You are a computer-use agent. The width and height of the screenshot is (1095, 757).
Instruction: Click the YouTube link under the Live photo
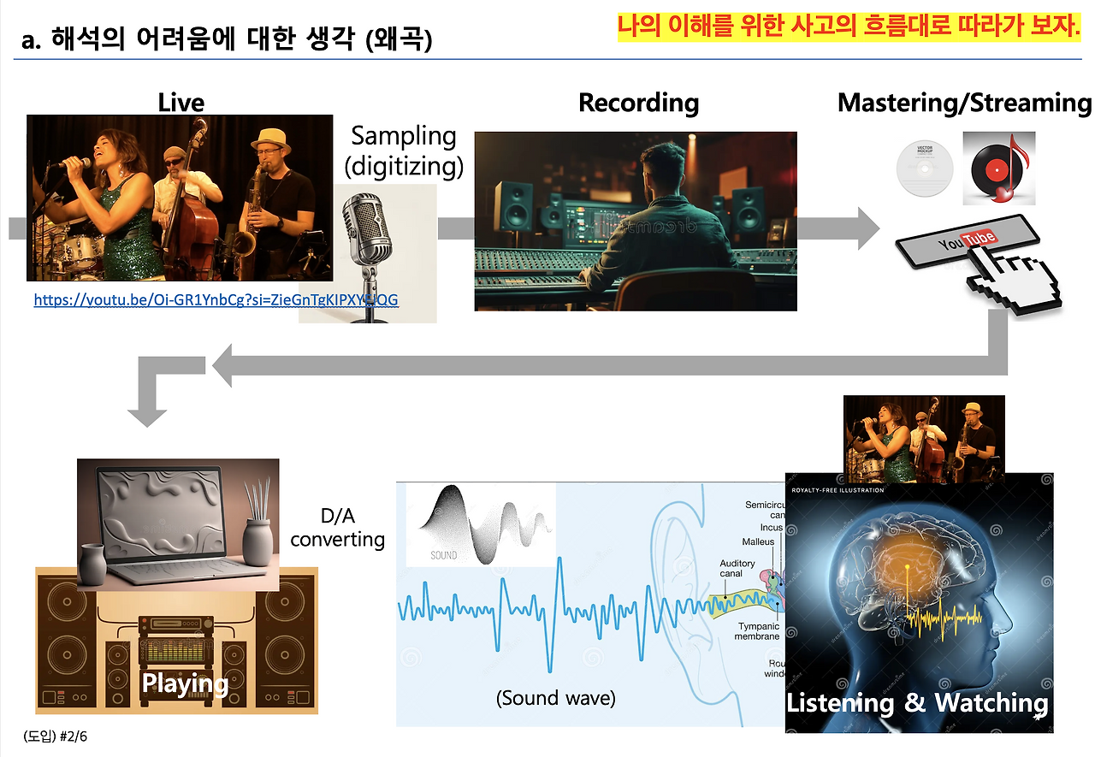pyautogui.click(x=216, y=300)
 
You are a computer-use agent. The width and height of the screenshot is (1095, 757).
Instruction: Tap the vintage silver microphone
pyautogui.click(x=368, y=248)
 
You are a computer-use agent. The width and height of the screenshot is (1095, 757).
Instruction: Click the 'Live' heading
pyautogui.click(x=181, y=103)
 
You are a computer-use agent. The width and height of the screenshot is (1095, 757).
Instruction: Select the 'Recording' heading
pyautogui.click(x=638, y=103)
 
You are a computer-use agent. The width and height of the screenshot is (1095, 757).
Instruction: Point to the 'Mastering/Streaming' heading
pyautogui.click(x=964, y=103)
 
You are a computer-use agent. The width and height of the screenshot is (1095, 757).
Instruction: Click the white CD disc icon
pyautogui.click(x=923, y=169)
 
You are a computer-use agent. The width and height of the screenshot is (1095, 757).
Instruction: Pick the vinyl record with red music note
pyautogui.click(x=998, y=169)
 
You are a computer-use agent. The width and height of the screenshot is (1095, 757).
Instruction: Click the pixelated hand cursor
pyautogui.click(x=1009, y=282)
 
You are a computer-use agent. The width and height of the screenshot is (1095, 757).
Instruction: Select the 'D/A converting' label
pyautogui.click(x=337, y=529)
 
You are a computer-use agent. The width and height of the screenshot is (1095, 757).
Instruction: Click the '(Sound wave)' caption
pyautogui.click(x=555, y=697)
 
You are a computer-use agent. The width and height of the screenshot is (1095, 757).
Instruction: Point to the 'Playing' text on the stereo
pyautogui.click(x=185, y=683)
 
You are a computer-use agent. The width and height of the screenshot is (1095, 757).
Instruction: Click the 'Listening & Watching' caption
pyautogui.click(x=917, y=703)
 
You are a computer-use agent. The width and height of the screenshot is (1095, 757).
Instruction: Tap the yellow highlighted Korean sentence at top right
pyautogui.click(x=849, y=27)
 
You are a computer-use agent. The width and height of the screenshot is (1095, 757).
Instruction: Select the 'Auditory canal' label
pyautogui.click(x=737, y=569)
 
